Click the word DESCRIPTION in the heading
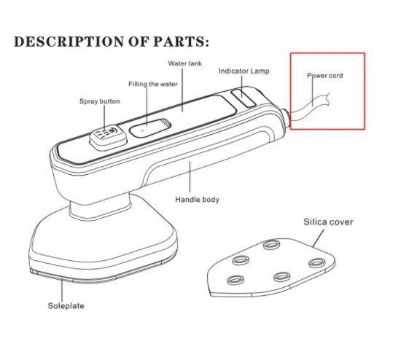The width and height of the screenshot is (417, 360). click(x=69, y=42)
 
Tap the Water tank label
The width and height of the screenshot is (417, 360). click(x=185, y=63)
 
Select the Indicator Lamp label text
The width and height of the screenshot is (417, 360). click(x=244, y=71)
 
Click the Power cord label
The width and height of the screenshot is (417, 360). click(x=324, y=76)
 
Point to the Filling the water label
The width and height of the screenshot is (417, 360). click(x=153, y=85)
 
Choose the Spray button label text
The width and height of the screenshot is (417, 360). click(x=100, y=101)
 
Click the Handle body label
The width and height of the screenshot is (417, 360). click(x=197, y=200)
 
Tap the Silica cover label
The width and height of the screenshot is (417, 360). click(x=328, y=222)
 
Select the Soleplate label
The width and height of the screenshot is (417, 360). click(x=66, y=306)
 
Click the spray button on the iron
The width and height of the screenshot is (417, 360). click(x=108, y=136)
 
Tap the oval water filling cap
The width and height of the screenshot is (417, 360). click(x=149, y=128)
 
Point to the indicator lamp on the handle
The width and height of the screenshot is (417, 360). click(x=243, y=98)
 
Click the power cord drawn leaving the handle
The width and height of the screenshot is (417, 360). click(x=310, y=107)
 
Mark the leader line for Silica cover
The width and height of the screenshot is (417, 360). click(x=319, y=238)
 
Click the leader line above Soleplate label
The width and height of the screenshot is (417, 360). click(x=62, y=290)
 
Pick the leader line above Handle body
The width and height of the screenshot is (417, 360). click(x=190, y=177)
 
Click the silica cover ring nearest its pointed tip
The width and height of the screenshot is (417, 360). click(x=235, y=280)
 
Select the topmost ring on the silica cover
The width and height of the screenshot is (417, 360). click(x=271, y=244)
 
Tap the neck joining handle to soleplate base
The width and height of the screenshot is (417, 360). click(x=101, y=206)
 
